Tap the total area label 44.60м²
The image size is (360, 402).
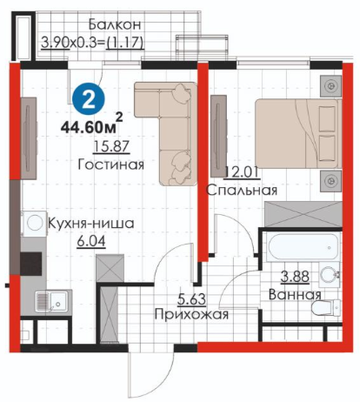click(x=91, y=124)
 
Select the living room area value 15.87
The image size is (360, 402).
click(x=111, y=146)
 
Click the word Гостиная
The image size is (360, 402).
click(x=111, y=164)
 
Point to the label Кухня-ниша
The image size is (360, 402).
click(x=90, y=224)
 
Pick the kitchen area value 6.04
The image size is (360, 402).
click(x=91, y=242)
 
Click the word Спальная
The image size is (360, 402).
click(x=242, y=191)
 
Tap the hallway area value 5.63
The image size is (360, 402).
click(x=191, y=299)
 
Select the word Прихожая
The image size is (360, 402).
click(x=191, y=314)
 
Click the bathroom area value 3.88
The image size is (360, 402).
click(x=295, y=277)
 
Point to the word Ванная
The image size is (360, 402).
click(x=295, y=295)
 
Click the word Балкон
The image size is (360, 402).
click(x=115, y=24)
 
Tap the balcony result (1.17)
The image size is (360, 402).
click(x=125, y=43)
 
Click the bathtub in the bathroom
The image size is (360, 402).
click(x=303, y=247)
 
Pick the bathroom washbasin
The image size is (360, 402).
click(x=329, y=274)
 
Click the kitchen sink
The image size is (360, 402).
click(x=51, y=301)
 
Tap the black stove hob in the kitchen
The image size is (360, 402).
click(x=30, y=264)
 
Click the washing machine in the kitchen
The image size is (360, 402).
click(x=34, y=224)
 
